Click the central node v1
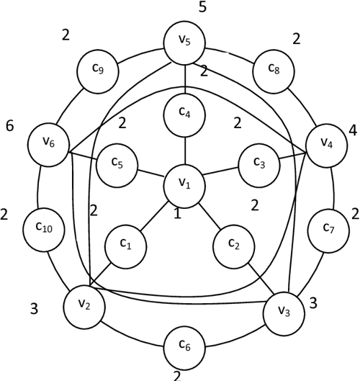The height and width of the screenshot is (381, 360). tap(186, 184)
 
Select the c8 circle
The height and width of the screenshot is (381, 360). tap(273, 70)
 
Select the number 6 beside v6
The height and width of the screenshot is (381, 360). tap(9, 126)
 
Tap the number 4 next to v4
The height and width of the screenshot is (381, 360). tap(352, 131)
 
